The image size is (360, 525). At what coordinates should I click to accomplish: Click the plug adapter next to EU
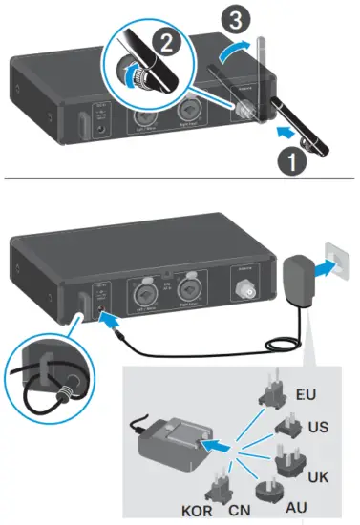(272, 396)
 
